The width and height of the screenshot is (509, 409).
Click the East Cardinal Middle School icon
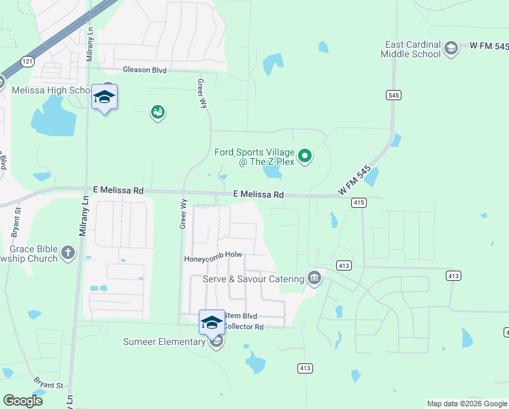point(450,48)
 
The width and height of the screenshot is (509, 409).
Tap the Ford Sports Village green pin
point(306,157)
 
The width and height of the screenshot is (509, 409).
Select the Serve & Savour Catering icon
point(314,278)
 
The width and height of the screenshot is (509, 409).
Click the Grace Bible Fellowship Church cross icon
point(67,254)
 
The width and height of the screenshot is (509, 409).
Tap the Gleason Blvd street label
point(145,70)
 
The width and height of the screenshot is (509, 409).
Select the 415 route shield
point(360,202)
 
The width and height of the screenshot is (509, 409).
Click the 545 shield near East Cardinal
point(393,95)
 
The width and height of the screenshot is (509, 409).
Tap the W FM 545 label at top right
point(489,46)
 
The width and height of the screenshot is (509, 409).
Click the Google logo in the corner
point(22,400)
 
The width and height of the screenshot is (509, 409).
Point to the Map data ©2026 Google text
point(466,404)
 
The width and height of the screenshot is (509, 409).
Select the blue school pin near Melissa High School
point(104,97)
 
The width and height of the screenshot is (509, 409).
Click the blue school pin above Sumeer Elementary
point(212,321)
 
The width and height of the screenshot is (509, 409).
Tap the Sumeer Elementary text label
point(164,342)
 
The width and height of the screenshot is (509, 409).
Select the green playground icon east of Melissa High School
point(158,112)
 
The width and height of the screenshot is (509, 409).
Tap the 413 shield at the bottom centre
point(305,368)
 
